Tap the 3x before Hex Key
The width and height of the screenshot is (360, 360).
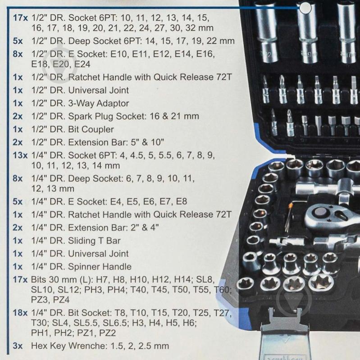coord(18,346)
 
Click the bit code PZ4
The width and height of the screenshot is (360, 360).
coord(61,299)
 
